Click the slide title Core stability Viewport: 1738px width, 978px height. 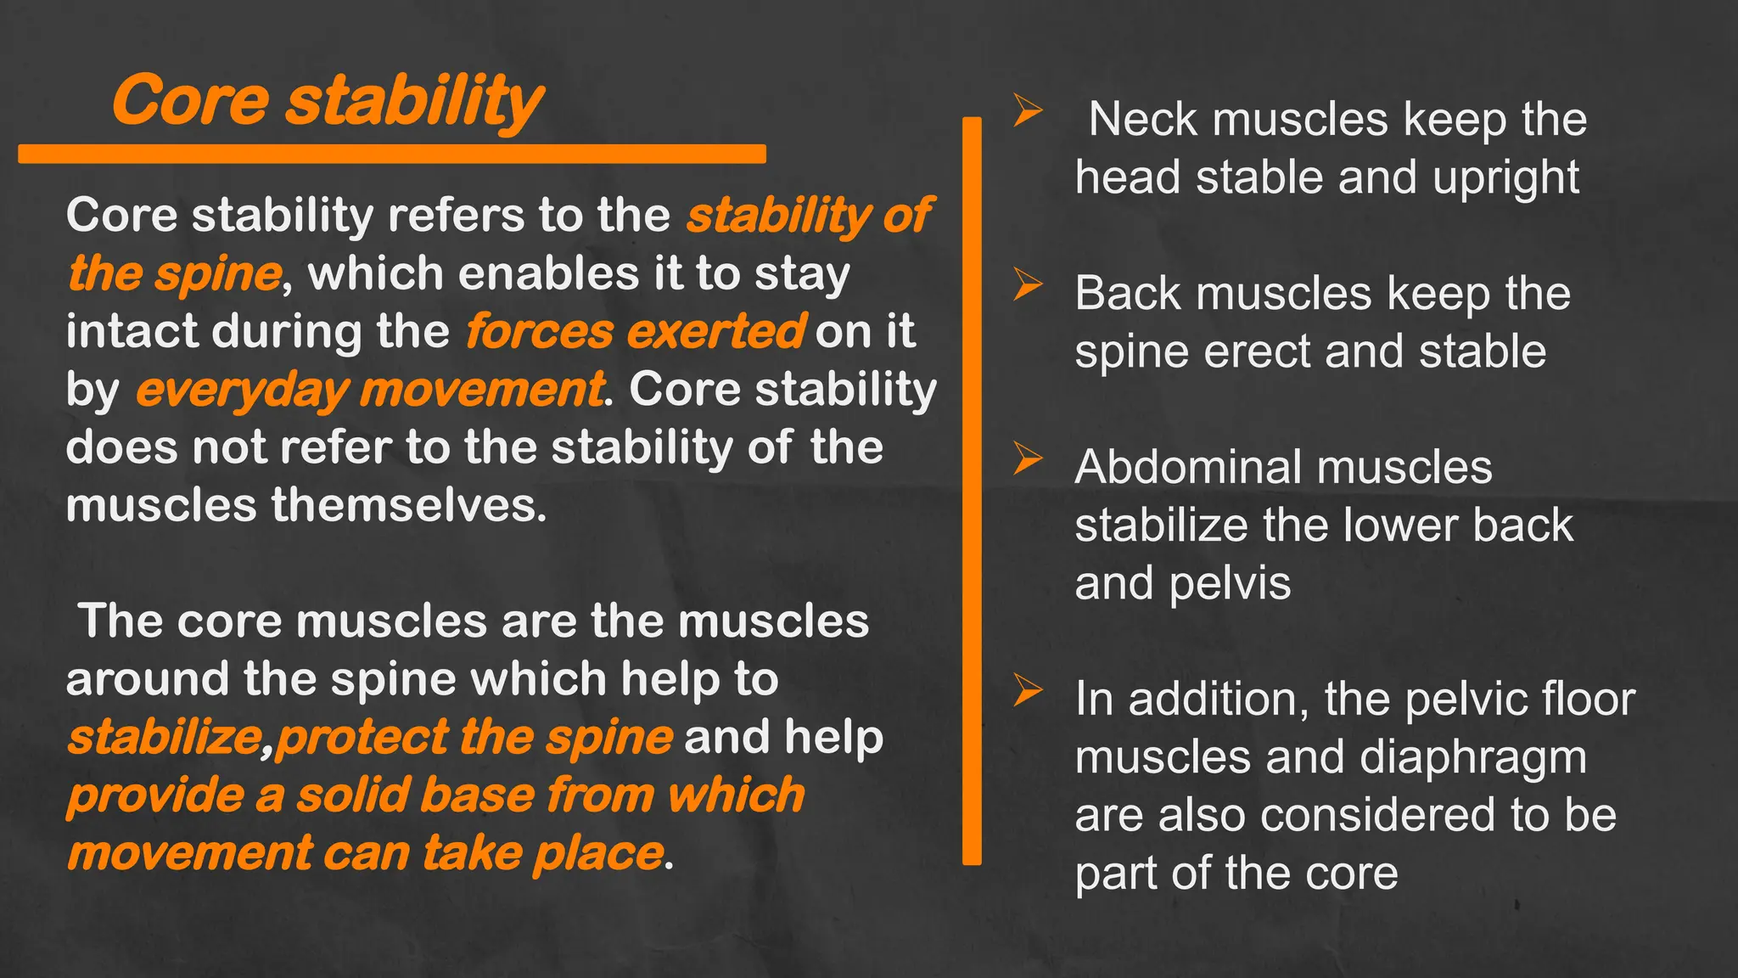(x=328, y=101)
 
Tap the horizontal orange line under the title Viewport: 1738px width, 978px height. (x=391, y=154)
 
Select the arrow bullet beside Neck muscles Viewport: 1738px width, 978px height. (x=1028, y=111)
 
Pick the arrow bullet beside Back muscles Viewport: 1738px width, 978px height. (x=1028, y=285)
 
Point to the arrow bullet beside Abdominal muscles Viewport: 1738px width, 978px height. (x=1028, y=459)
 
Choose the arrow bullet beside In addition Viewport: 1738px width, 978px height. (x=1028, y=691)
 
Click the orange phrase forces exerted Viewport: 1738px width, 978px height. (x=635, y=331)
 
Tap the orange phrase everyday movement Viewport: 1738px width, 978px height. (x=370, y=390)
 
